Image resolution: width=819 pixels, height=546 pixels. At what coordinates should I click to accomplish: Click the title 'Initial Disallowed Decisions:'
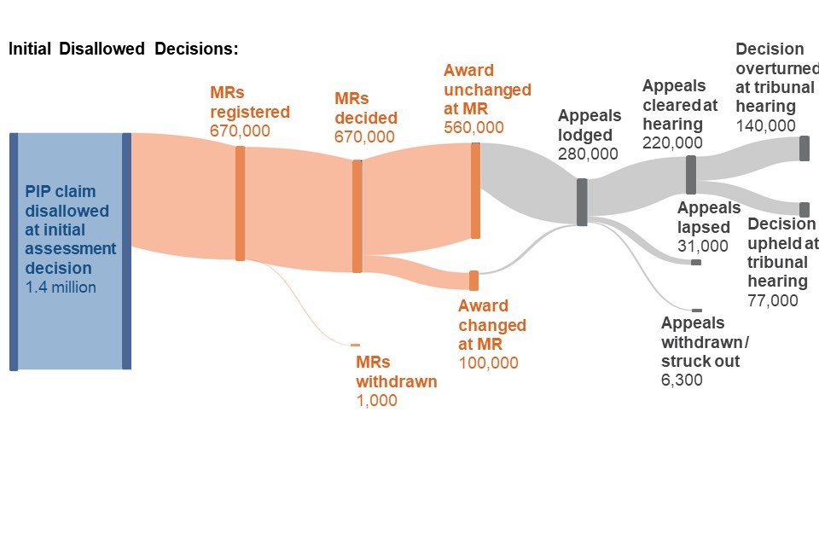pyautogui.click(x=123, y=49)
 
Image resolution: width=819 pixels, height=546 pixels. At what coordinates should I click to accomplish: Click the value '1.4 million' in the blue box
pyautogui.click(x=61, y=288)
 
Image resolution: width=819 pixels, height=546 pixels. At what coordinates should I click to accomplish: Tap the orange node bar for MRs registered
pyautogui.click(x=241, y=203)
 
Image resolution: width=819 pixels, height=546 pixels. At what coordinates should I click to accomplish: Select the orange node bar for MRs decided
pyautogui.click(x=357, y=216)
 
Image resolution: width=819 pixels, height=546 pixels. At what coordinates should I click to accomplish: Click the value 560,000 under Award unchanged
pyautogui.click(x=473, y=128)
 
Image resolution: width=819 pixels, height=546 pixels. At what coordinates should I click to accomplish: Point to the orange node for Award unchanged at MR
pyautogui.click(x=475, y=190)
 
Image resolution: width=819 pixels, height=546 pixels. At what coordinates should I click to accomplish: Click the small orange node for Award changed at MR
pyautogui.click(x=473, y=281)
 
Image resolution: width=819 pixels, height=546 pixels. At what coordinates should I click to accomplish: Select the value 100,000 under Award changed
pyautogui.click(x=488, y=363)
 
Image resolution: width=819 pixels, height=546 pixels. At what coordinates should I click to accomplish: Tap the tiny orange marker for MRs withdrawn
pyautogui.click(x=355, y=345)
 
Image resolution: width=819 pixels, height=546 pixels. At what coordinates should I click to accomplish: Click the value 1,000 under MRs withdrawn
pyautogui.click(x=376, y=400)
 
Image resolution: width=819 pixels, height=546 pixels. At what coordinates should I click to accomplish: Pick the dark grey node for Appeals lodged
pyautogui.click(x=582, y=202)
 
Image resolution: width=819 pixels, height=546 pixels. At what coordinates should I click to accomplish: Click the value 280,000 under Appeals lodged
pyautogui.click(x=588, y=154)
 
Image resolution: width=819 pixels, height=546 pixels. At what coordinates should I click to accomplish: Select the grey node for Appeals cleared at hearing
pyautogui.click(x=691, y=175)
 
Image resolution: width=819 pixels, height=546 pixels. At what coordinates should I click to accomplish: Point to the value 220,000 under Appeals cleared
pyautogui.click(x=672, y=142)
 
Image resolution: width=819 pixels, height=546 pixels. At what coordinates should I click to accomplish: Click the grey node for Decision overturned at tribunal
pyautogui.click(x=804, y=148)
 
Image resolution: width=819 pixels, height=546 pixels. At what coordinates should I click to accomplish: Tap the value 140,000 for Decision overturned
pyautogui.click(x=765, y=125)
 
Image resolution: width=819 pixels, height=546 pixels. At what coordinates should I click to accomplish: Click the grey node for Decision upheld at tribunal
pyautogui.click(x=804, y=209)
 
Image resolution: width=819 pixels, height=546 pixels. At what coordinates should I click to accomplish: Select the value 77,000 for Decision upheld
pyautogui.click(x=773, y=300)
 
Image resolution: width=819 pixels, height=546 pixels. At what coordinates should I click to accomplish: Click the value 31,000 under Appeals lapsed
pyautogui.click(x=703, y=247)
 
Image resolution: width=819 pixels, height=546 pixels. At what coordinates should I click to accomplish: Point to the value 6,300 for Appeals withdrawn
pyautogui.click(x=682, y=380)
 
